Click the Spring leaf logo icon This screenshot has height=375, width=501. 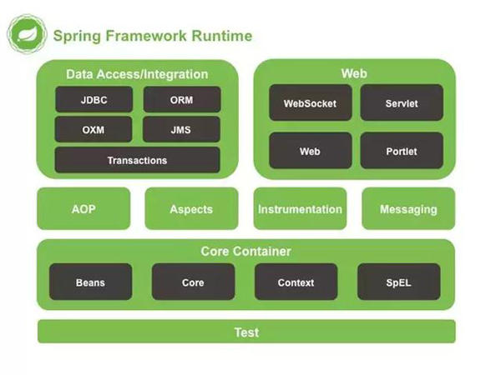point(26,36)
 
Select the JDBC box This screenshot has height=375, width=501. point(94,99)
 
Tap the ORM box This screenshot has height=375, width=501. point(181,99)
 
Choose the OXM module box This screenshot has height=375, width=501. point(94,129)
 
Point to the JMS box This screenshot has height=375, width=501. point(181,129)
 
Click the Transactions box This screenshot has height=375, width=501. point(137,160)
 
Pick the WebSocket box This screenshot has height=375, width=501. point(310,103)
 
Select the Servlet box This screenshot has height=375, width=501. point(402,103)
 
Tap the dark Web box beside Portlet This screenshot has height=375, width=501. point(310,151)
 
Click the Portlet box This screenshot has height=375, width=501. point(402,151)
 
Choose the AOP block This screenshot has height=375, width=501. point(83,209)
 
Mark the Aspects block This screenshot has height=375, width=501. point(191,209)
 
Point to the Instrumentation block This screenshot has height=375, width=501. point(300,209)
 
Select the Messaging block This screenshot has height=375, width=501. point(408,209)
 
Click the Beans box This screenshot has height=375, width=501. point(90,282)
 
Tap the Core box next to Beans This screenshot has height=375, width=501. point(193,282)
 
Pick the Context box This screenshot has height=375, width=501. point(296,282)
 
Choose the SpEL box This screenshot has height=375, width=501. point(398,282)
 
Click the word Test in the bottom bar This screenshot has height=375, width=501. point(246,332)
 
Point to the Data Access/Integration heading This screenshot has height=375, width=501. point(137,74)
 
